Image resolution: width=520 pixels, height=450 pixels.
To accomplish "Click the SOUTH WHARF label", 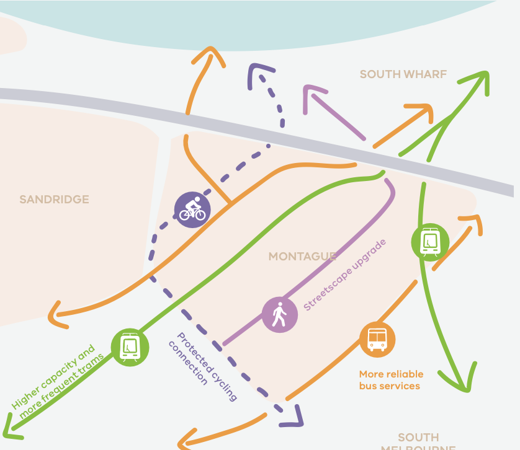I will click(x=403, y=74).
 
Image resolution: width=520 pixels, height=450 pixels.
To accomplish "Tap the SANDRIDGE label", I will click(x=54, y=200).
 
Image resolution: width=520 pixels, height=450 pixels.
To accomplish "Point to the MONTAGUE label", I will click(x=302, y=256).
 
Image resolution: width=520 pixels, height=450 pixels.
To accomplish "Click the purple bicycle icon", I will click(x=192, y=210).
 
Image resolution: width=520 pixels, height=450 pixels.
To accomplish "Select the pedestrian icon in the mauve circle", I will click(x=279, y=315).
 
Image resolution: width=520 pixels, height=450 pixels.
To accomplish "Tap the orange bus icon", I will click(x=377, y=339).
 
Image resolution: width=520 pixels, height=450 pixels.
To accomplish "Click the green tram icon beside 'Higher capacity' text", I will click(x=130, y=347).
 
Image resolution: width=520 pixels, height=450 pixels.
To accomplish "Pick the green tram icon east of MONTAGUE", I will click(x=430, y=241).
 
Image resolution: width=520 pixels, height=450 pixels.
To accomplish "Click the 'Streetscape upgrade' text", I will click(x=344, y=275).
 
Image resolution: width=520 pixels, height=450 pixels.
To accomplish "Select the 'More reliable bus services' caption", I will click(x=391, y=380).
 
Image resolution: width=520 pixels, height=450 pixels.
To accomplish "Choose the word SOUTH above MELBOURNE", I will click(x=418, y=437).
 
